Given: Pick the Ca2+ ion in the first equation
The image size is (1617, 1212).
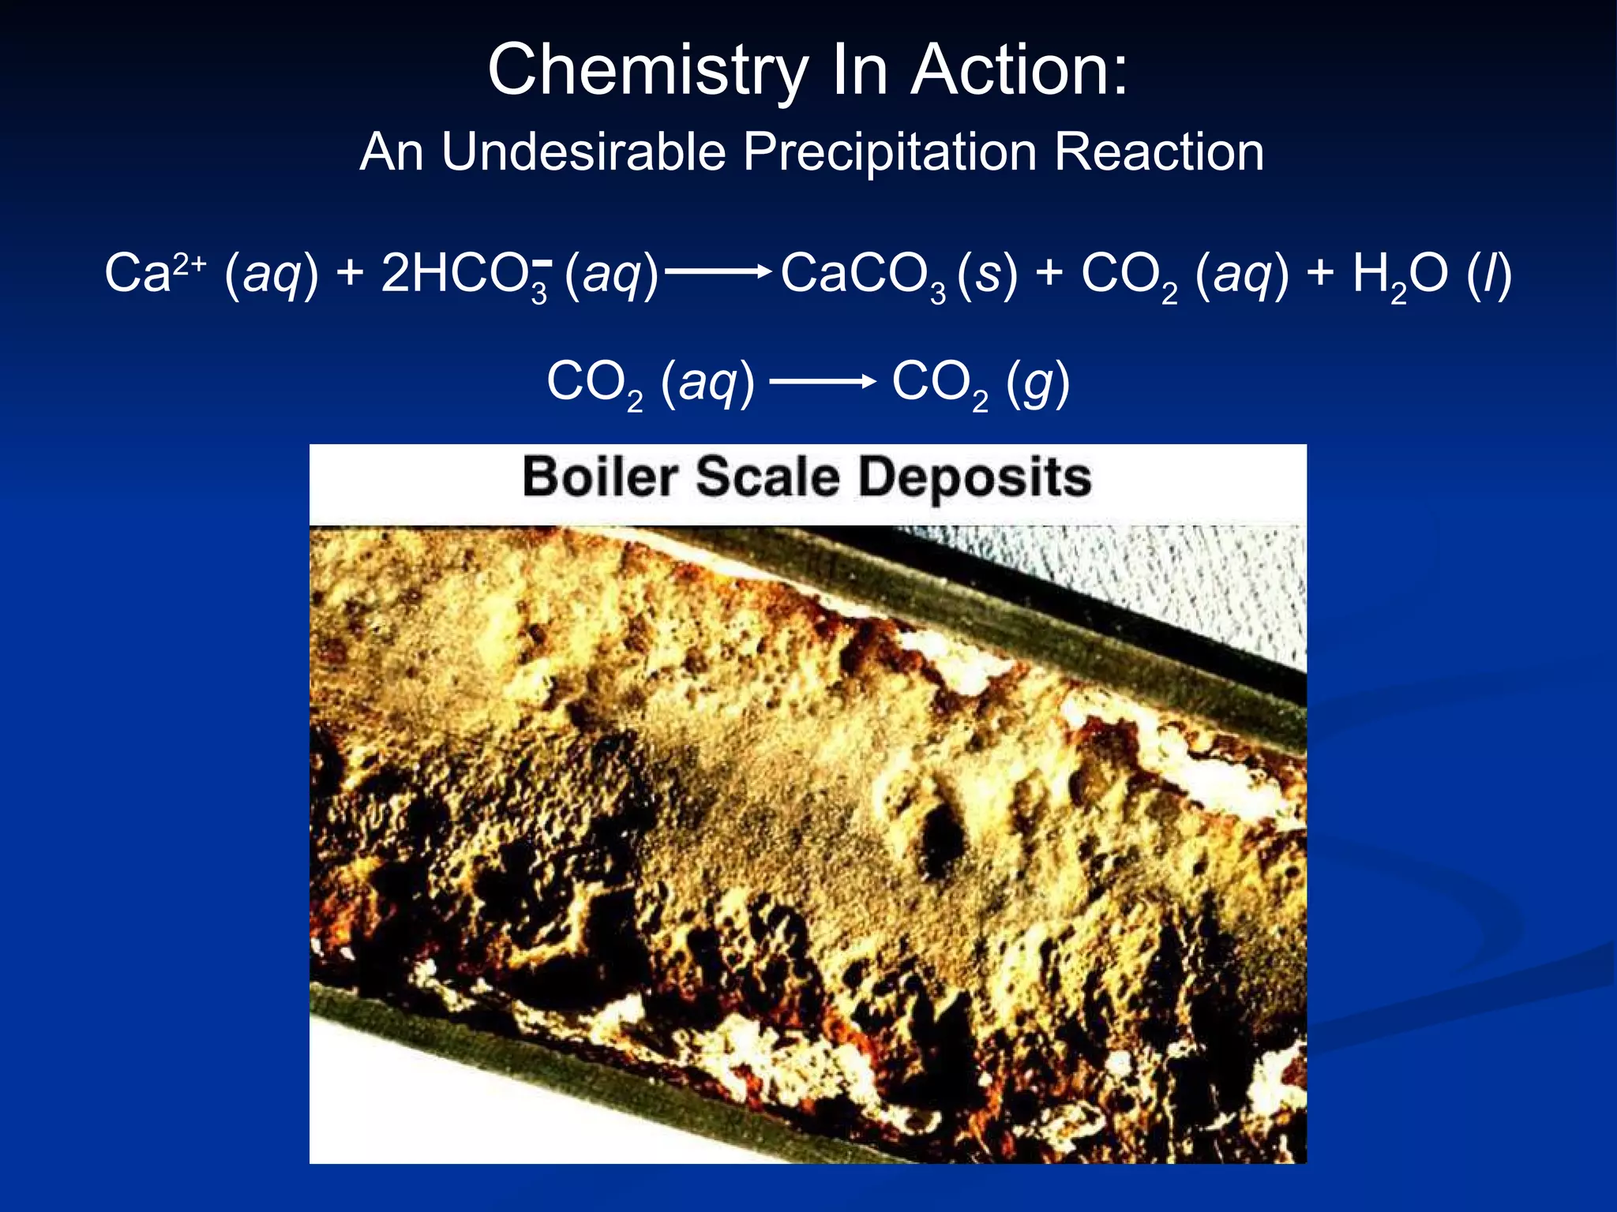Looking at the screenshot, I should tap(155, 273).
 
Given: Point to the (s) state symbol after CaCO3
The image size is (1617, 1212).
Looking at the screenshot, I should tap(987, 275).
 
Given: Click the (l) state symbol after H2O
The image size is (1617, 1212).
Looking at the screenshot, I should tap(1489, 275).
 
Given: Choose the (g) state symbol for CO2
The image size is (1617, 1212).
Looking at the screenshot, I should tap(1037, 383).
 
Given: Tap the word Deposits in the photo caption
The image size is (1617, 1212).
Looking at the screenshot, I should tap(975, 478).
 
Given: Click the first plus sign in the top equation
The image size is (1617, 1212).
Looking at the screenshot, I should tap(350, 273).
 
